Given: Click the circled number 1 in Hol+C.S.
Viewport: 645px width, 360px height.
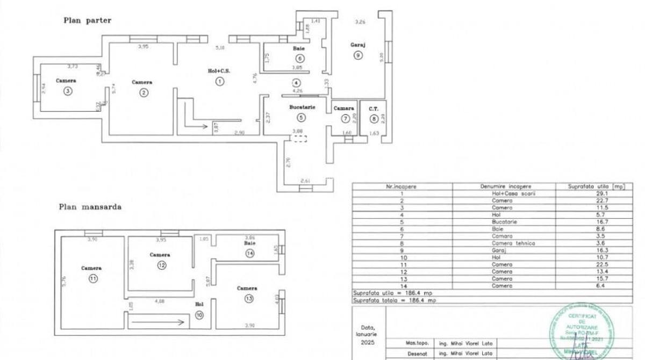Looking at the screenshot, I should pos(219,82).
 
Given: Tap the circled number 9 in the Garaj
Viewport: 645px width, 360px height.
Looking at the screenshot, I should pos(357,55).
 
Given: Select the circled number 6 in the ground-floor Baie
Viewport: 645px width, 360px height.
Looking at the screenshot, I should pos(299,59).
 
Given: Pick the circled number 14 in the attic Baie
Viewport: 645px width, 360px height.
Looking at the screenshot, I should pos(249,254).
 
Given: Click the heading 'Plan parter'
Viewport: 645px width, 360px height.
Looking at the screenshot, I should pos(88,20).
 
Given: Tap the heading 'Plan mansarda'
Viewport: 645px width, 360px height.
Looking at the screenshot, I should pos(90,206).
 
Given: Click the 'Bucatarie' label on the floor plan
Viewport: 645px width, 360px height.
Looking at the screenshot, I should pos(302,107).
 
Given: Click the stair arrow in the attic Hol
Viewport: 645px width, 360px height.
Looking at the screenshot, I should pos(156,323).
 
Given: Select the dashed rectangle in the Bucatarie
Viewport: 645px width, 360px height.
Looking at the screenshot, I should pos(298,139).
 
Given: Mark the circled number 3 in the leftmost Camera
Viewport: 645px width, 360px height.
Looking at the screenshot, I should pos(67,91).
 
